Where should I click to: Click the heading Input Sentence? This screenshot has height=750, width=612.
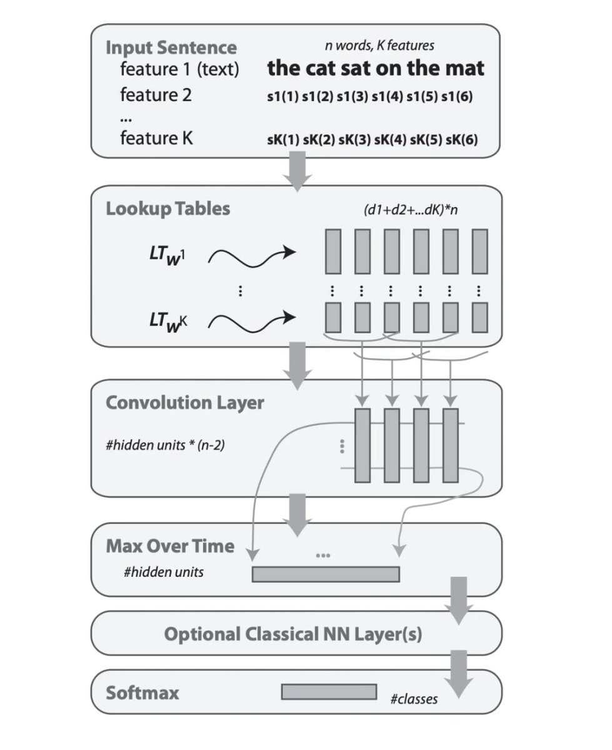(x=171, y=47)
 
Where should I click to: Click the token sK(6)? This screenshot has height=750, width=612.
(x=461, y=139)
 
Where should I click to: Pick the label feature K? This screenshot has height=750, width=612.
(x=156, y=138)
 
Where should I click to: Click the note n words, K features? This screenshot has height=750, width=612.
(x=379, y=45)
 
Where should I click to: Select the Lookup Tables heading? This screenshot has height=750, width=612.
(x=168, y=208)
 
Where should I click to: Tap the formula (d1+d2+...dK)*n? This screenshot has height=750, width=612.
(x=411, y=210)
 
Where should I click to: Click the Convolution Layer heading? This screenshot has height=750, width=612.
(x=185, y=402)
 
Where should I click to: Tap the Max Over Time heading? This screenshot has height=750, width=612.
(x=170, y=546)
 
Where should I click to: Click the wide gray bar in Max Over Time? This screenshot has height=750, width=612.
(x=325, y=574)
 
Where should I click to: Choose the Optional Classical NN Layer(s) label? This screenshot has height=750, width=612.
(x=293, y=634)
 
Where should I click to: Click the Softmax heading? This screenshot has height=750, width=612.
(x=143, y=692)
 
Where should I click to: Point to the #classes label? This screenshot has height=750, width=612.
(x=414, y=699)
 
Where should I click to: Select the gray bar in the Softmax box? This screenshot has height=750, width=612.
(x=329, y=691)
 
